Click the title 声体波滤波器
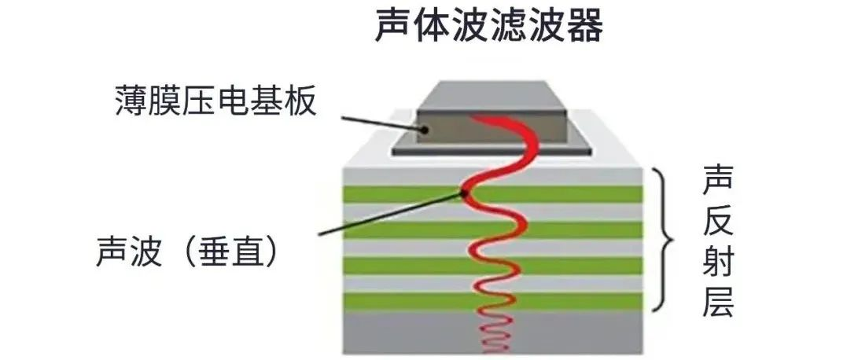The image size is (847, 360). [488, 27]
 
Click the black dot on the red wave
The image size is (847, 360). [466, 193]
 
